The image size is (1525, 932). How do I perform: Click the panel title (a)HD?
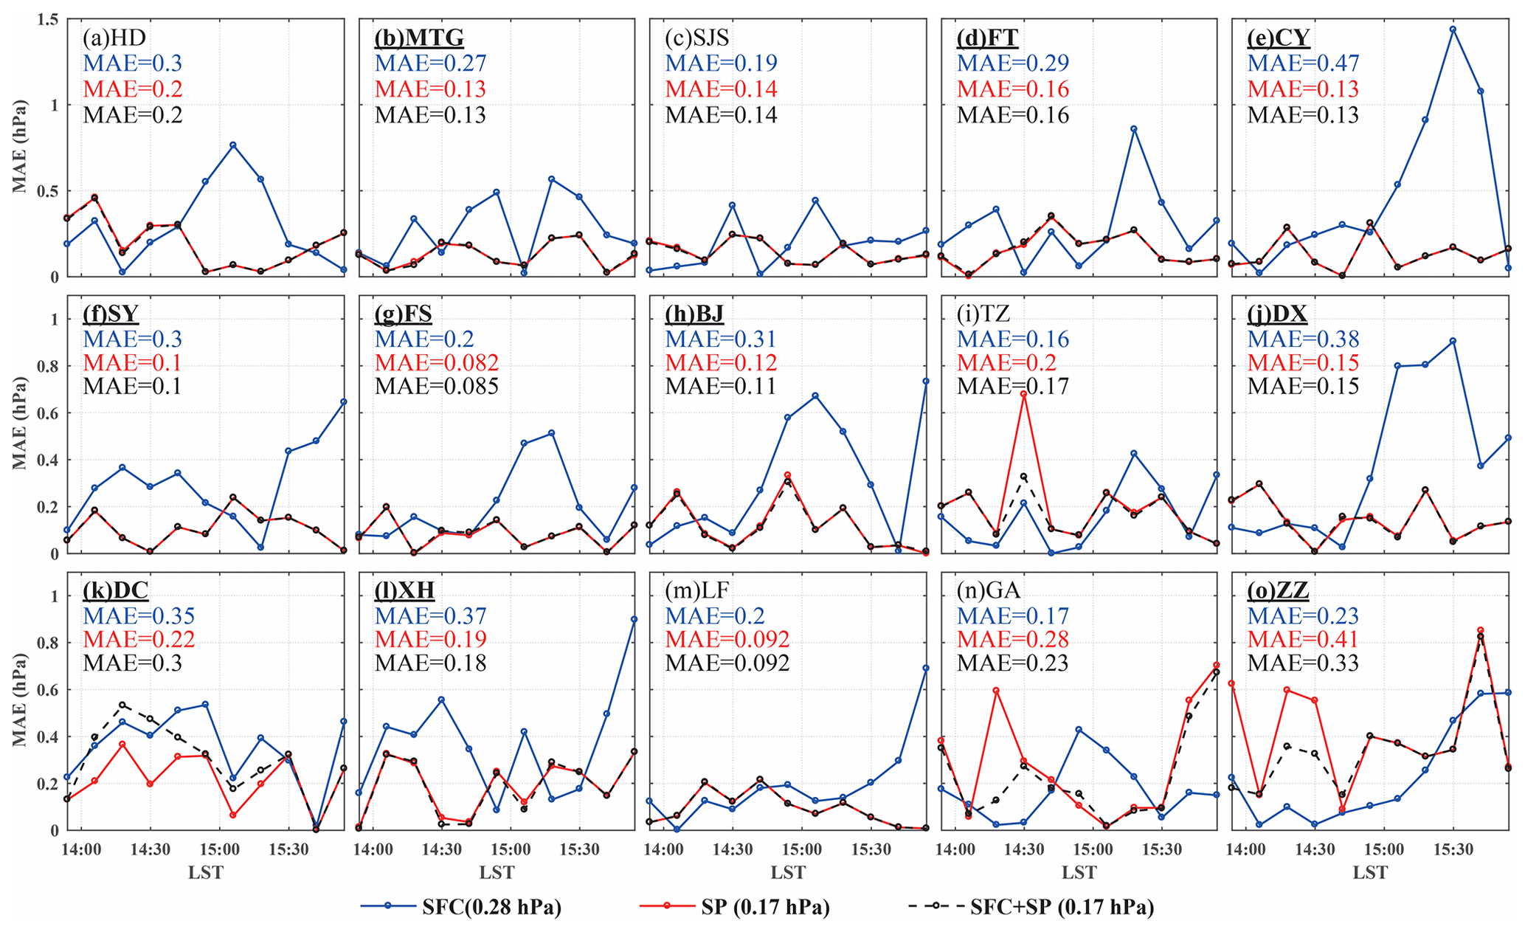tap(115, 37)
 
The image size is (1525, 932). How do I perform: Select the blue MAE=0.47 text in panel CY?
tap(1303, 63)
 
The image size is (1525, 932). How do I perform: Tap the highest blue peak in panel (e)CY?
tap(1453, 30)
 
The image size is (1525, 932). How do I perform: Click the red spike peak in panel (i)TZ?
tap(1023, 394)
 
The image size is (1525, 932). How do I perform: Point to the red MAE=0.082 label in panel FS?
tap(437, 363)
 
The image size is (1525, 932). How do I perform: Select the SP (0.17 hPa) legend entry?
tap(765, 907)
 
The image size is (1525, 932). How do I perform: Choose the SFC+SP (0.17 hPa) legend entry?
tap(1062, 907)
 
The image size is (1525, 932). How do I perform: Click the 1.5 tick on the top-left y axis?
tap(46, 20)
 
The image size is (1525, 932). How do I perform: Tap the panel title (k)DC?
tap(115, 590)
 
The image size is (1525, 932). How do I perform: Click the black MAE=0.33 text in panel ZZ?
tap(1303, 663)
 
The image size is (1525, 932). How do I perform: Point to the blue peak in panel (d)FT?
tap(1133, 129)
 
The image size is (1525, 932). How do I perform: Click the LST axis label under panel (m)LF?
tap(788, 873)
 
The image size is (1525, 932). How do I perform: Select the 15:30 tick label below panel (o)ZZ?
tap(1453, 850)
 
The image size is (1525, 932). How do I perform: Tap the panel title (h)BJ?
tap(694, 314)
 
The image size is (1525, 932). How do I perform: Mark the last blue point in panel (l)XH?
tap(634, 619)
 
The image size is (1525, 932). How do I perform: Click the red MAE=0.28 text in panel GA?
tap(1012, 639)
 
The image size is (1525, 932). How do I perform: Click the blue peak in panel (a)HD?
tap(233, 145)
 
